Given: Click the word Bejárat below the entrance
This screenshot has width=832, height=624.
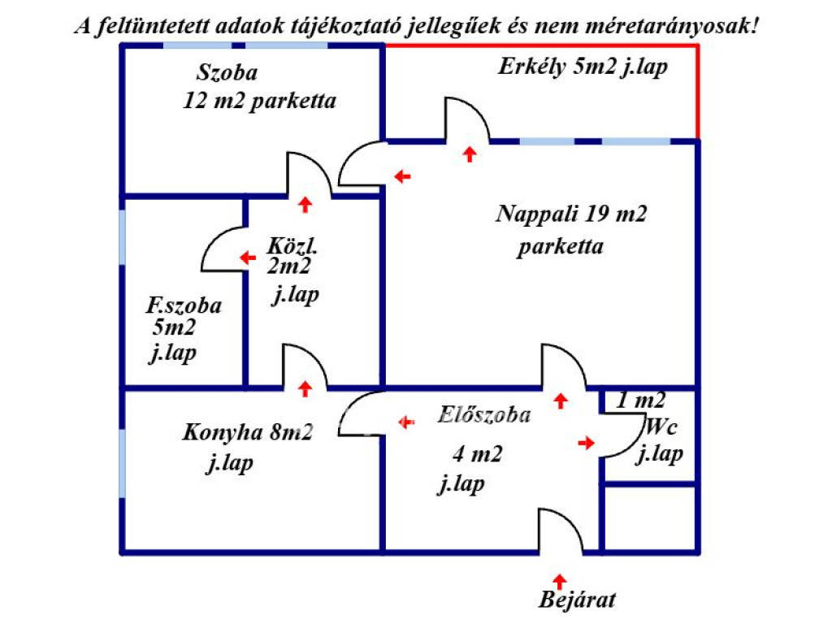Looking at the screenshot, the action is [578, 600].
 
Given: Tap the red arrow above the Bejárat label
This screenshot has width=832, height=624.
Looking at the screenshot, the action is [559, 581].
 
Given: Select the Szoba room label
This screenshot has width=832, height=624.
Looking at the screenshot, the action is [227, 72].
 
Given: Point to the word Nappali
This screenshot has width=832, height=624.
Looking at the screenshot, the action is [536, 214].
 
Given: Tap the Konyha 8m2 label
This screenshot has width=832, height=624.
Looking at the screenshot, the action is [247, 432].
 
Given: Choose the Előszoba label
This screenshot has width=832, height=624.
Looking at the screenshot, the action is [484, 414].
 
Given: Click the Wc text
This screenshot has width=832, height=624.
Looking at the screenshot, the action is [660, 427].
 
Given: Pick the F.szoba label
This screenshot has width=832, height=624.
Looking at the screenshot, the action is [184, 305].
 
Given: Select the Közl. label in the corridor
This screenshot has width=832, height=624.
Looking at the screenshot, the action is [292, 245].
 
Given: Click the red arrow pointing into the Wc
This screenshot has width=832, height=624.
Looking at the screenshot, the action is [587, 443].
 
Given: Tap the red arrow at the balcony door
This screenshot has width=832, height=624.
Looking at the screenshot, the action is [469, 154].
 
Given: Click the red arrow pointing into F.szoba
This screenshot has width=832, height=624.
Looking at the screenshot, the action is [248, 258].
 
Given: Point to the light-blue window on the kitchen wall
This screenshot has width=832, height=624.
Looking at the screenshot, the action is [123, 463].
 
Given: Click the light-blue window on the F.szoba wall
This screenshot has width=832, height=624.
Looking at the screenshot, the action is [123, 237].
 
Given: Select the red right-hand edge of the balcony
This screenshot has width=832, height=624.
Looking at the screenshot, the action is [697, 92].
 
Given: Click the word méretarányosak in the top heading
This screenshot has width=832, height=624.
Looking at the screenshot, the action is [672, 25].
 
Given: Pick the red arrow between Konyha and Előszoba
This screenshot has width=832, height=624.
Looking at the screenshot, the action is [406, 422].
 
